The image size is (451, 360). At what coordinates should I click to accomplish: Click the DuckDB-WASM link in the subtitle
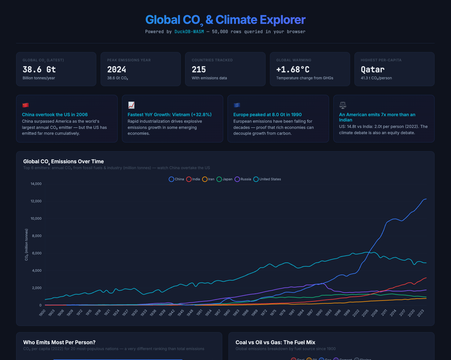point(189,32)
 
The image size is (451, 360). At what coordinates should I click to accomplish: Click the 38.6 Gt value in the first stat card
point(39,69)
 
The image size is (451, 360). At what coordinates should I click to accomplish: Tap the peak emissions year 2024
point(116,69)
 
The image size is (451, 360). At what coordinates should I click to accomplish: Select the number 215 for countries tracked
point(199,69)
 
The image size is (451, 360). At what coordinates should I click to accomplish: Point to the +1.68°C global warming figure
point(293,69)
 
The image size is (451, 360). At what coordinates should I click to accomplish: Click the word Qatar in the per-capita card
point(372,69)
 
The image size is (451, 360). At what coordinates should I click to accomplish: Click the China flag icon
point(25,105)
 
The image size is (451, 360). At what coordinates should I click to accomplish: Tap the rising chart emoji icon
point(131,105)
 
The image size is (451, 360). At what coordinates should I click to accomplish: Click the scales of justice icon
point(343,105)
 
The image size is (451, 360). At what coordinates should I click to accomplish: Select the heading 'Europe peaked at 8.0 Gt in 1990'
point(267,115)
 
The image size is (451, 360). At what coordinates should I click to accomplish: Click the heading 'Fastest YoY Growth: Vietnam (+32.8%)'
point(169,115)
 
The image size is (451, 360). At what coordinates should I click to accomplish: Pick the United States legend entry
point(267,179)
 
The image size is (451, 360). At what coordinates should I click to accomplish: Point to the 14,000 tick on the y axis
point(36,184)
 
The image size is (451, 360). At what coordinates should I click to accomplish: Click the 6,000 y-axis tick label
point(37,253)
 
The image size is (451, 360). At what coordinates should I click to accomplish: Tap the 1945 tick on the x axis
point(181,313)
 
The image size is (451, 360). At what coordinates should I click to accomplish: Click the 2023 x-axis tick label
point(421,313)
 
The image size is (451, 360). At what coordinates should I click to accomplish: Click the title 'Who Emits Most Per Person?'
point(59,342)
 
